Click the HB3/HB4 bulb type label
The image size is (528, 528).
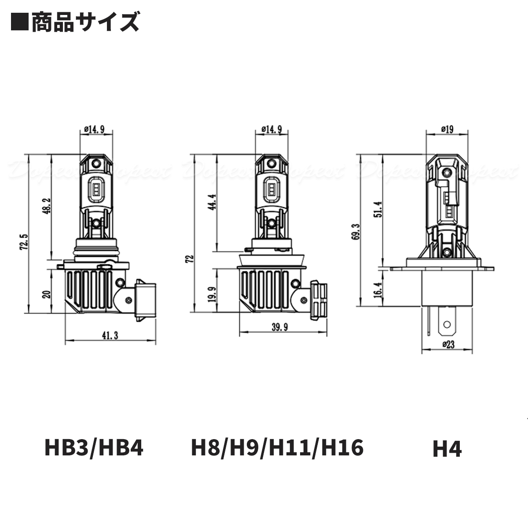coord(94,448)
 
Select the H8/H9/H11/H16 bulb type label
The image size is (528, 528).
coord(277,448)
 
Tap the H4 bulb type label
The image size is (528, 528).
coord(447,449)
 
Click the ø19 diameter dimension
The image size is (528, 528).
coord(447,129)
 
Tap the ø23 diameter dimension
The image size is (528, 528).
coord(447,345)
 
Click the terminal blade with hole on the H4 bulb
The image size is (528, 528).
coord(447,326)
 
